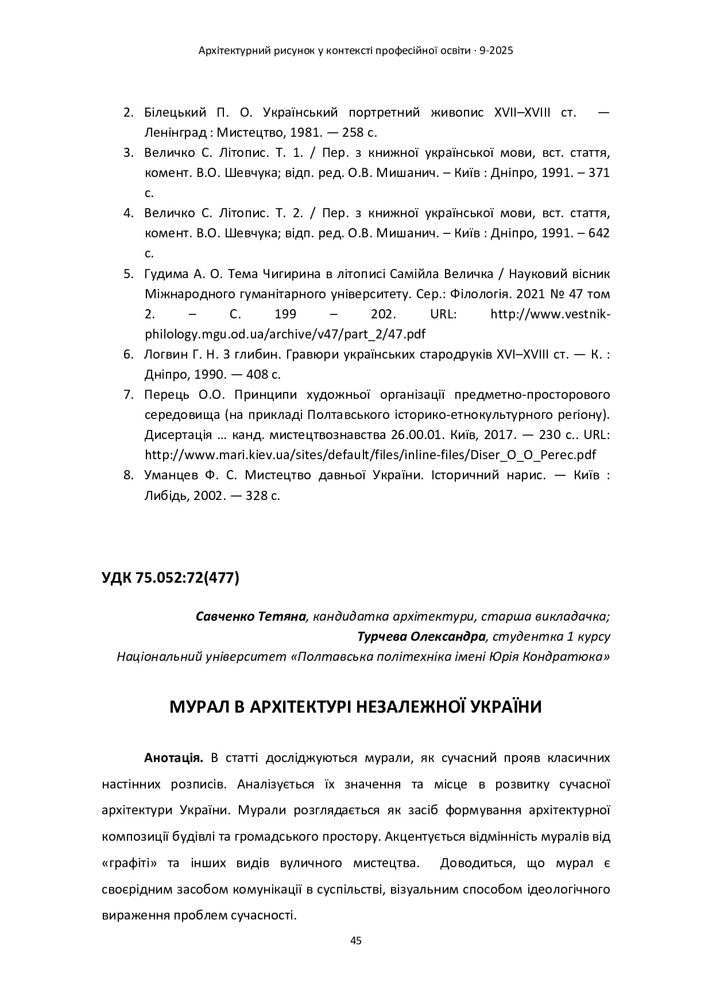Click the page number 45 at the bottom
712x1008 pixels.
(355, 941)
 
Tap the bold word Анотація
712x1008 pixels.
(173, 757)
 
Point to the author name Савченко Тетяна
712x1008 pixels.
(250, 617)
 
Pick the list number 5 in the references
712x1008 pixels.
(128, 274)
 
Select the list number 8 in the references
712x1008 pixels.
(128, 475)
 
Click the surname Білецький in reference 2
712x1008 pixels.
(173, 112)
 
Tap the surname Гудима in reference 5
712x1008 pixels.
(165, 274)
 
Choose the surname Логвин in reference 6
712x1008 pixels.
(164, 354)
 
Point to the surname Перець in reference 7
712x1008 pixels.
(163, 394)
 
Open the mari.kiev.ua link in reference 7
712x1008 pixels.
(370, 455)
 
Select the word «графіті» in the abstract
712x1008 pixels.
(130, 863)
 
